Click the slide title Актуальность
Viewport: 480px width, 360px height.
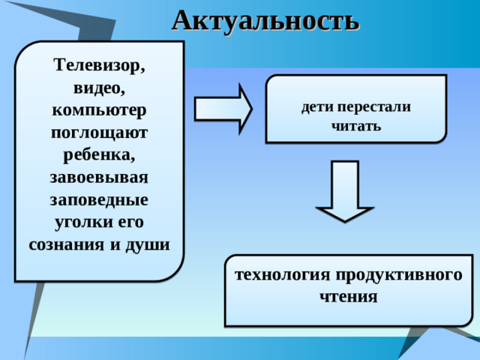click(x=265, y=19)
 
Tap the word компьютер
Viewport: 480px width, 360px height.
click(x=100, y=110)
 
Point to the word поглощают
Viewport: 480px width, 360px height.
click(x=100, y=133)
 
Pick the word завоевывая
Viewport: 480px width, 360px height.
click(x=100, y=178)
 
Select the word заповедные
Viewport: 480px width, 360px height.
click(x=100, y=200)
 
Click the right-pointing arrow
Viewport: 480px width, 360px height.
click(x=223, y=109)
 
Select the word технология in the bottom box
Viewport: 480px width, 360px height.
click(x=277, y=274)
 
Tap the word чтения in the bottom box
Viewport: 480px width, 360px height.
click(x=348, y=296)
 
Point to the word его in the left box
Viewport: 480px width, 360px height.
click(x=132, y=223)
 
